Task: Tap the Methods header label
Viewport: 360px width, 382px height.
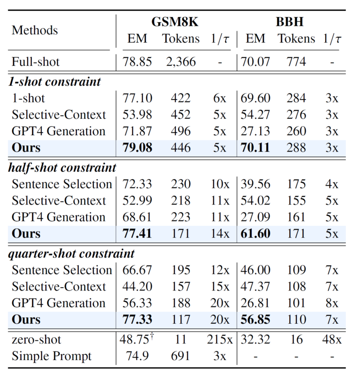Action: [x=35, y=31]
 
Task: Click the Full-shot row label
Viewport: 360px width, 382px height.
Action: [x=36, y=61]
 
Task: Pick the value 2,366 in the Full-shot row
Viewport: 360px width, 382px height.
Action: [x=181, y=61]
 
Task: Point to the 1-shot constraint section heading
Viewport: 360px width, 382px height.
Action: [x=54, y=82]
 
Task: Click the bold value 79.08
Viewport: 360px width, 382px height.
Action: [x=137, y=148]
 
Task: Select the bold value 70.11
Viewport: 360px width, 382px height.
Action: [x=255, y=148]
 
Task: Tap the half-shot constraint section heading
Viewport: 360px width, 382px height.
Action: [x=62, y=168]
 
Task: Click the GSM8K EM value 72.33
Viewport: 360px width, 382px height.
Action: [x=137, y=184]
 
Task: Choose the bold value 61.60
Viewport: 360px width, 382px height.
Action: [x=255, y=234]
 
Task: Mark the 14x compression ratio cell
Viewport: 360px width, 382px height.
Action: [x=219, y=234]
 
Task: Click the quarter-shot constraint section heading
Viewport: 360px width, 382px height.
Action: [x=72, y=254]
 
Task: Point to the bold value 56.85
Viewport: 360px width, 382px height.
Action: [x=255, y=320]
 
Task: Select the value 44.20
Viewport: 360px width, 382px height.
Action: [x=137, y=287]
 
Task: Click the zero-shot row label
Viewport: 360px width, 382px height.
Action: [x=37, y=340]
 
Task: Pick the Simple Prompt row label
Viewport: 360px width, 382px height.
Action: [x=52, y=356]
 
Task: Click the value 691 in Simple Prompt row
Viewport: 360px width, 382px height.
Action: [x=181, y=356]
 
